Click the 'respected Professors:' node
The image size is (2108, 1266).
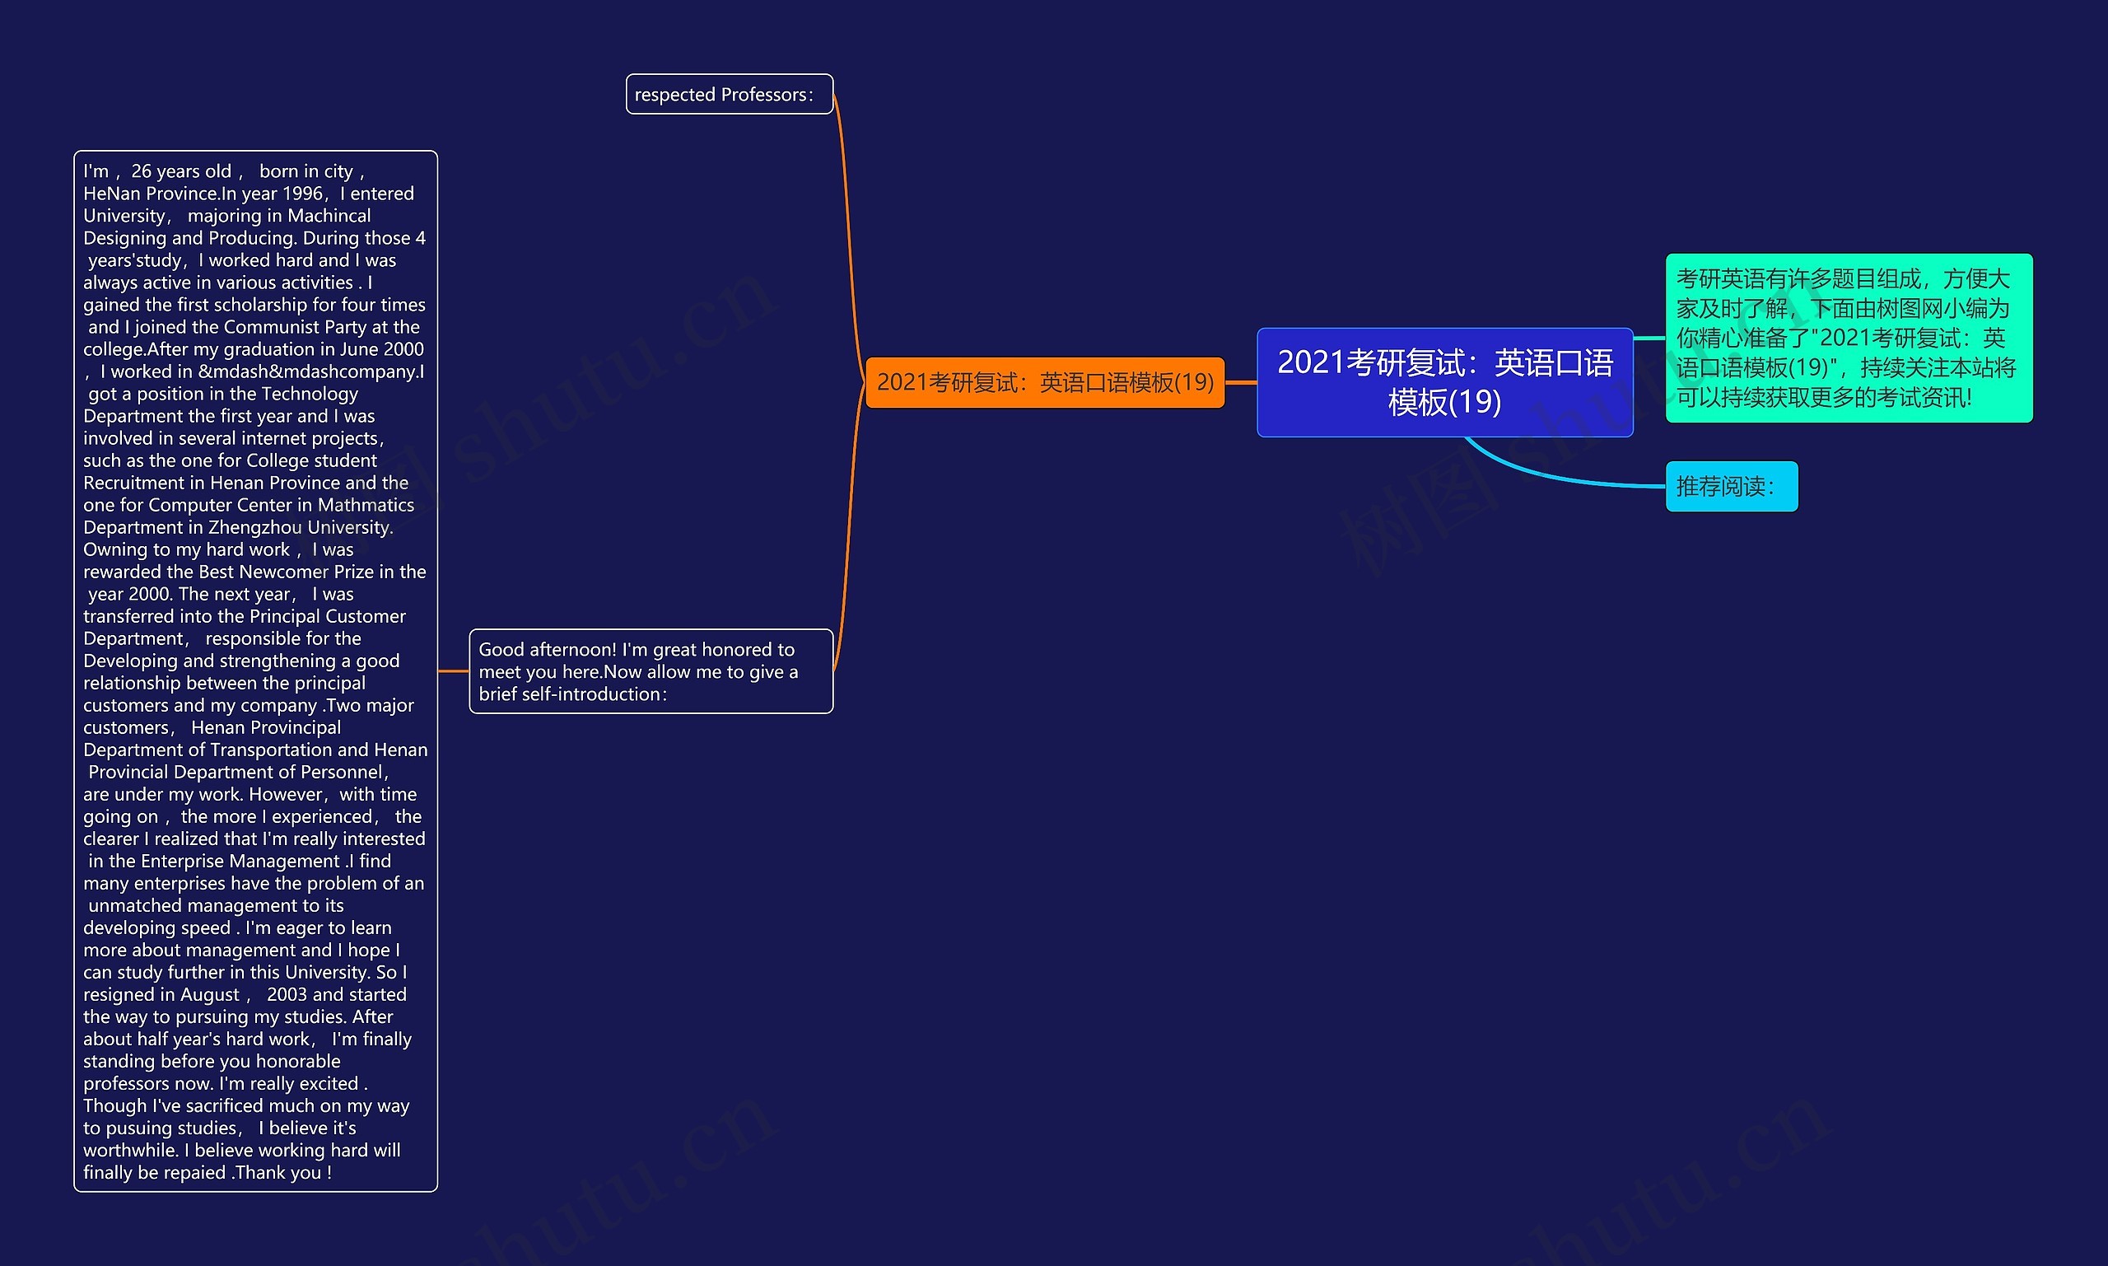point(729,95)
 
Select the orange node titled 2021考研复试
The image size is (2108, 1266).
point(1045,382)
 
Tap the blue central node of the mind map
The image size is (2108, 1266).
point(1444,382)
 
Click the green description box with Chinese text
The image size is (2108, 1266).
point(1849,338)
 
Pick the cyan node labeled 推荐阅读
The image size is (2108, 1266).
point(1731,486)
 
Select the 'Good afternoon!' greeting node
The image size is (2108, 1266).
point(651,671)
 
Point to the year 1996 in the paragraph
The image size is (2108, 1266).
point(302,194)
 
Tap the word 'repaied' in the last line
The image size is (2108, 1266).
point(195,1172)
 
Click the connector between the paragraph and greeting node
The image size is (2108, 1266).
point(453,671)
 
